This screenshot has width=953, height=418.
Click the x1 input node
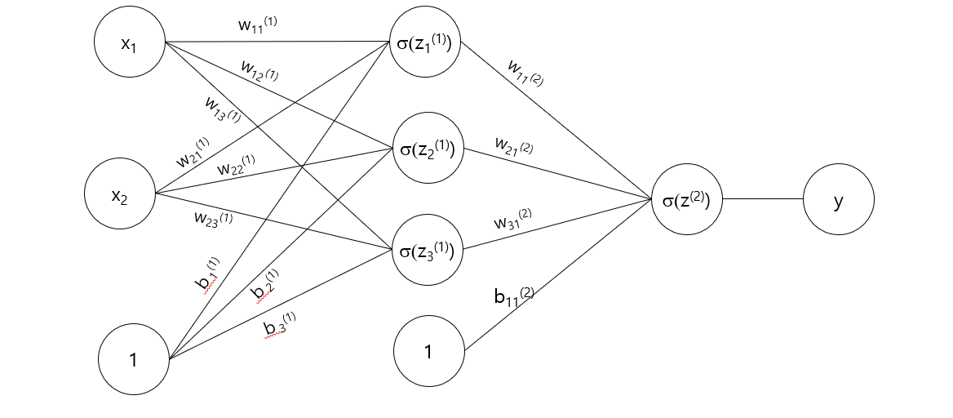[x=129, y=43]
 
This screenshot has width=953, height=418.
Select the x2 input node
[x=120, y=195]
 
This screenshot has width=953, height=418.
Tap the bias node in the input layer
[x=133, y=359]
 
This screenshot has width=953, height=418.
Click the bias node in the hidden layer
[x=428, y=352]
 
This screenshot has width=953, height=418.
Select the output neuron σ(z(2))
[x=686, y=199]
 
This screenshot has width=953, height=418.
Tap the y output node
[x=838, y=199]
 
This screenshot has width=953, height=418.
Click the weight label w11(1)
[x=257, y=24]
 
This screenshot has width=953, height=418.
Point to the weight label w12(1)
[x=259, y=71]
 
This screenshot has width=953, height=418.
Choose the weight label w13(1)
[x=223, y=109]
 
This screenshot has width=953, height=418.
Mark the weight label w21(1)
[x=193, y=153]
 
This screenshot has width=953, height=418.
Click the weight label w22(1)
[x=236, y=167]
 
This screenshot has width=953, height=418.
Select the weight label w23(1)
[x=213, y=218]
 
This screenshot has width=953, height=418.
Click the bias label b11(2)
[x=513, y=295]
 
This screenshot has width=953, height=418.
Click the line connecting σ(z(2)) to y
[x=762, y=199]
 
